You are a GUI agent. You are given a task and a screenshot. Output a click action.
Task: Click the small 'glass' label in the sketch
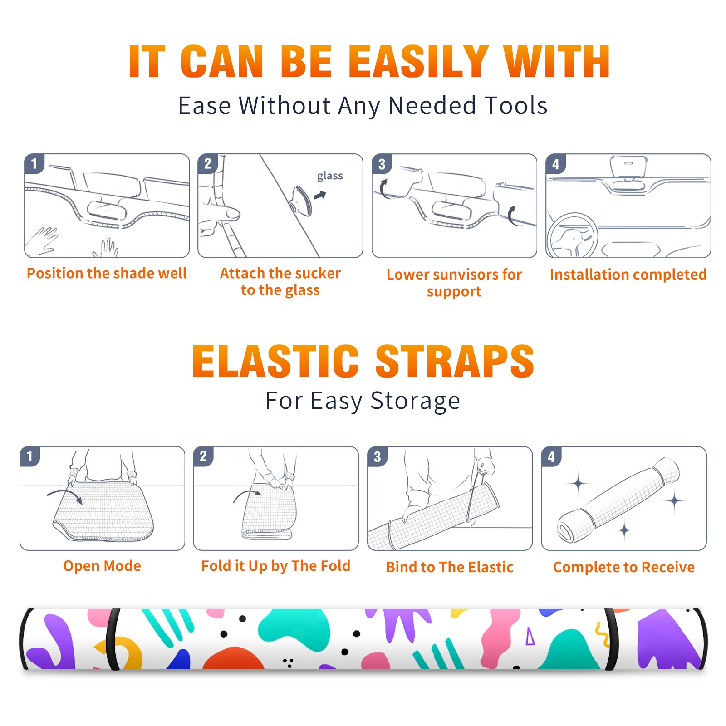(x=330, y=176)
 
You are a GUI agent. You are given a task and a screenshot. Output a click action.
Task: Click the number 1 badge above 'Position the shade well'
(x=34, y=163)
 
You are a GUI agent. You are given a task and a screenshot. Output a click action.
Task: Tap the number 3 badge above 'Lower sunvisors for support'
(x=382, y=164)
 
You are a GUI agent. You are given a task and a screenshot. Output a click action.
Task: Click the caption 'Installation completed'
(x=628, y=275)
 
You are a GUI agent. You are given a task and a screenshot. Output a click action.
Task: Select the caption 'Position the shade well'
(x=107, y=273)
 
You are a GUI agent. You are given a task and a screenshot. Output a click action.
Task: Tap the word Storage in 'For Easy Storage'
(x=415, y=401)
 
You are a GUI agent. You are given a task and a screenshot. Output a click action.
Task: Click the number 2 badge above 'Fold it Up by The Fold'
(x=203, y=456)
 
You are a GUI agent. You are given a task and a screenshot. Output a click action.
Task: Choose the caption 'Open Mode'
(x=102, y=566)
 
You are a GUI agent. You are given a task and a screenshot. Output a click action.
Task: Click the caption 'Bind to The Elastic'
(x=450, y=567)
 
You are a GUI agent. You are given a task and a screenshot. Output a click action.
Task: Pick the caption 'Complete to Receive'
(x=624, y=567)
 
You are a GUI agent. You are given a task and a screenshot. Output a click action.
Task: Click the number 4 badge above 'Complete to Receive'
(x=551, y=456)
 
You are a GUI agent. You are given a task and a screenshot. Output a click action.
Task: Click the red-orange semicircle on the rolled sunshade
(x=233, y=658)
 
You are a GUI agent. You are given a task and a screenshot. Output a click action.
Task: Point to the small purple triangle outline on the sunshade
(x=530, y=636)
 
